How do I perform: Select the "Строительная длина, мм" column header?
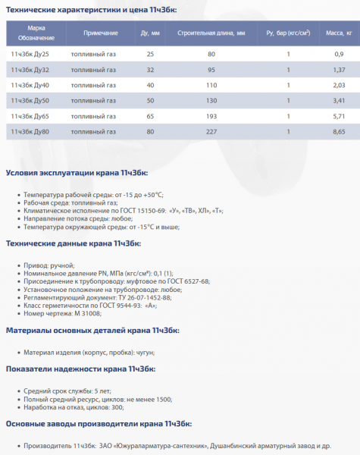211,34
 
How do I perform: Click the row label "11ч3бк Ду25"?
30,54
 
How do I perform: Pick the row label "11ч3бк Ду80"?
30,132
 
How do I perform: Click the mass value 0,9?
339,54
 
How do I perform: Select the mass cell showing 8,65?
339,132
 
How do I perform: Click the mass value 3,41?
339,101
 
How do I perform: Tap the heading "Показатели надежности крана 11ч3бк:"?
81,369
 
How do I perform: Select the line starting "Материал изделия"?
89,353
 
